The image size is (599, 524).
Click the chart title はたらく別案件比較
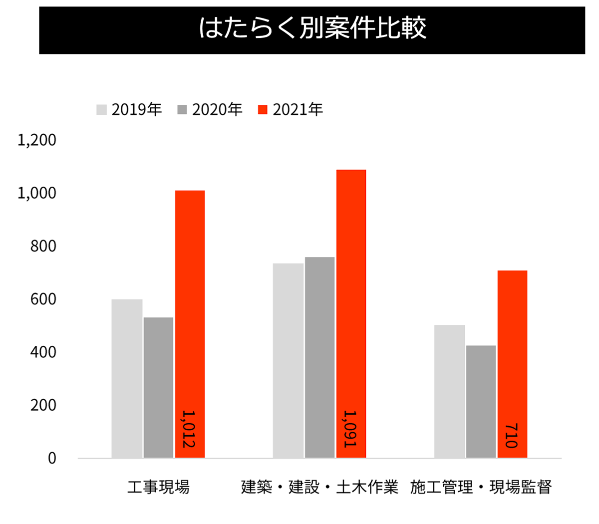(312, 28)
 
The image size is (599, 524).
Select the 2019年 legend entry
(129, 109)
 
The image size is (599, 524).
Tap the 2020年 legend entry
(210, 109)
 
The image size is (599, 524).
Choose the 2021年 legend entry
(291, 109)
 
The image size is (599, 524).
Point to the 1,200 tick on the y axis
(37, 140)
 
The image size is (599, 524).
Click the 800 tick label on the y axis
(43, 247)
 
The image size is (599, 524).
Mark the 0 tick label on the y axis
(52, 459)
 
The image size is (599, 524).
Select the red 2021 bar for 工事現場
(190, 309)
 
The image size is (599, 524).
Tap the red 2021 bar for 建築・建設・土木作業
(351, 299)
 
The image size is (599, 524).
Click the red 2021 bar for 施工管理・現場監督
(512, 349)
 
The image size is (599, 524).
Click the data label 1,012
(189, 429)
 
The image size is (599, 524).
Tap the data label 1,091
(350, 429)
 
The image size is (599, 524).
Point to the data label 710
(512, 436)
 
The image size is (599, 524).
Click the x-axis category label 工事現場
(158, 487)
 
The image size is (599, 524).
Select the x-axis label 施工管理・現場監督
(481, 487)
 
